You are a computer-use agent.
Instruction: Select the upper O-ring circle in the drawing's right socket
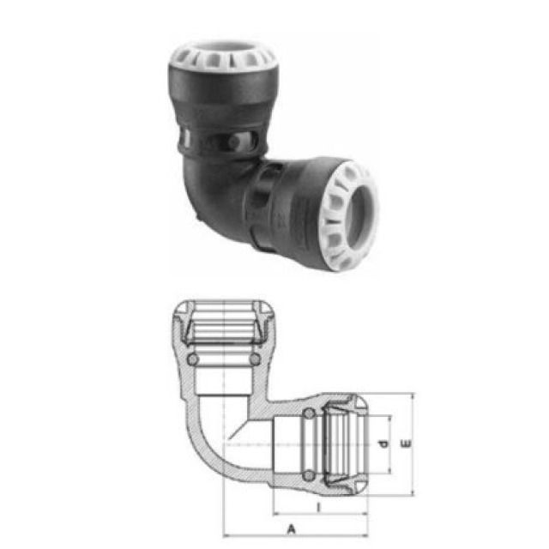[x=308, y=415]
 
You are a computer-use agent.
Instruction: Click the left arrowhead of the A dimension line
[x=227, y=535]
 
